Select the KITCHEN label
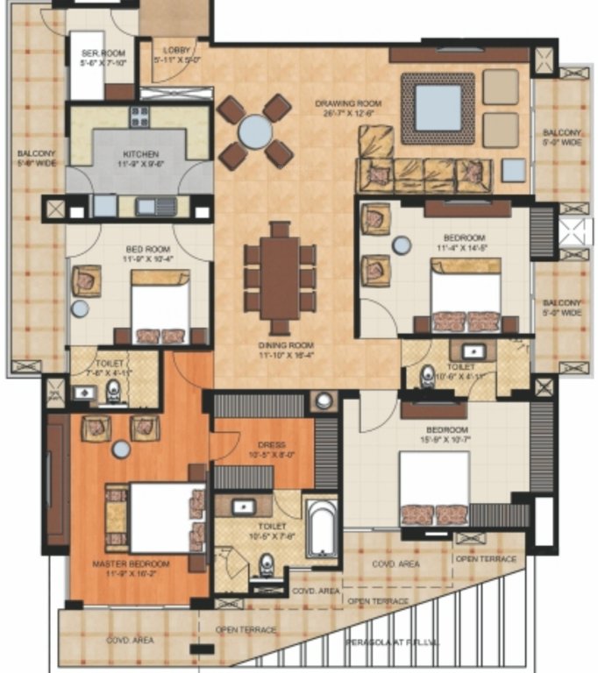pos(139,154)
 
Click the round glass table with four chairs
pos(255,132)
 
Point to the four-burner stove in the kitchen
pos(140,116)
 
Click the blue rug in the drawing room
pos(438,107)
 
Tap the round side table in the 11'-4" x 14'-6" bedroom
pos(402,245)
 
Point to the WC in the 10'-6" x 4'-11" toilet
pos(427,374)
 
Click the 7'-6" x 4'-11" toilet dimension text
pos(114,367)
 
